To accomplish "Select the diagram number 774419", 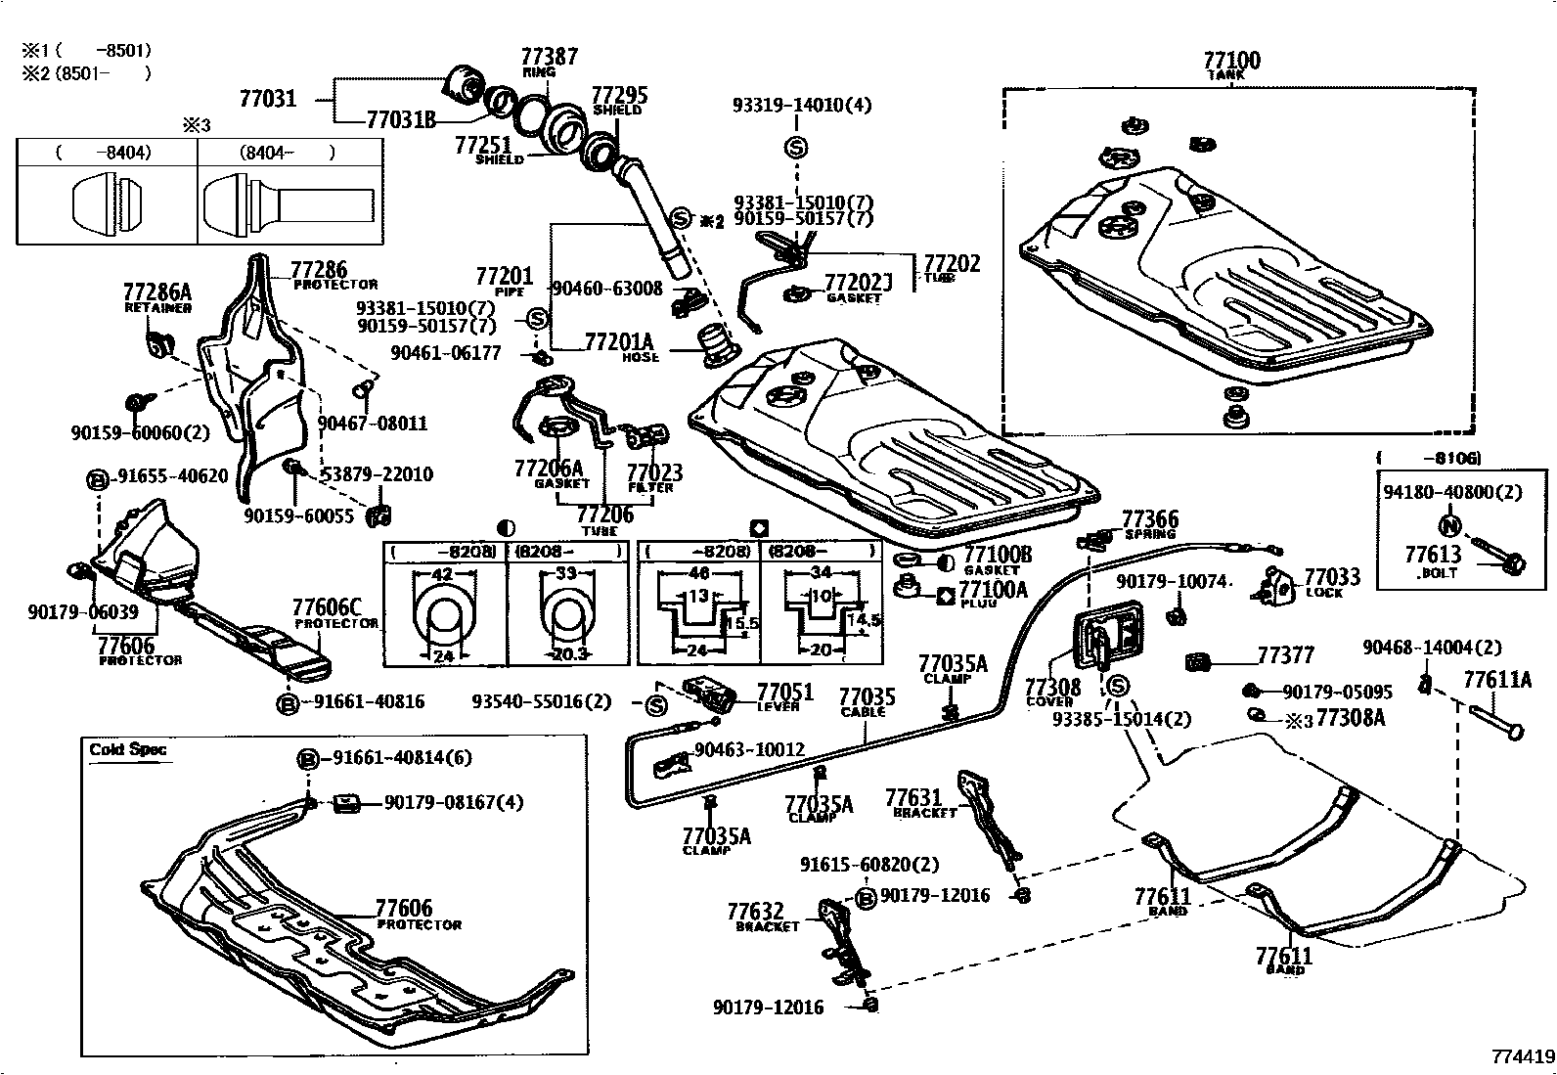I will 1522,1057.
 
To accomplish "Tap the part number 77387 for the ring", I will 549,57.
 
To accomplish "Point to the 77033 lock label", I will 1332,577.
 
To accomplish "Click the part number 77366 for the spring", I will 1150,519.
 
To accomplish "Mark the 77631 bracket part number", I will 913,798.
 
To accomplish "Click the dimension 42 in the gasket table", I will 442,575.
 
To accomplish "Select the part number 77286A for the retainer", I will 157,291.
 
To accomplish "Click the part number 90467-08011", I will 373,424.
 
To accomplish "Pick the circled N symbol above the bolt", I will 1452,524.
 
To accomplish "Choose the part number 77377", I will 1285,655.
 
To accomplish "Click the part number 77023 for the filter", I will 654,472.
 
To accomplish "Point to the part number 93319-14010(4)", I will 802,105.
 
